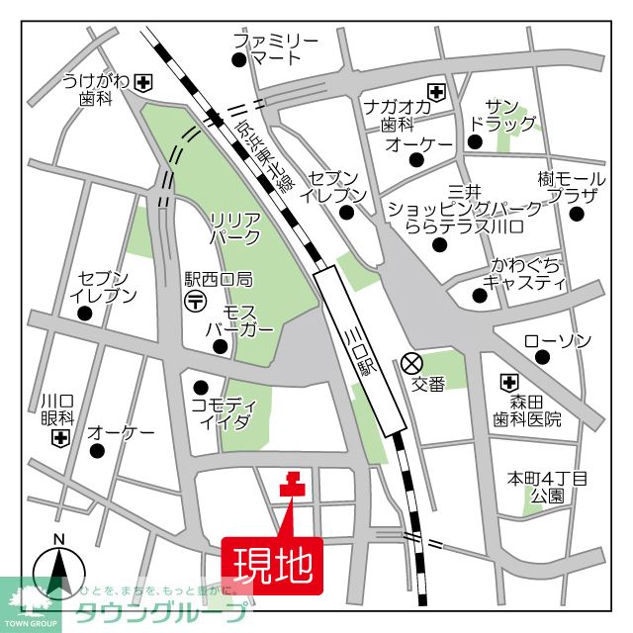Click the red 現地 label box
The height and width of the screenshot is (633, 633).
click(273, 565)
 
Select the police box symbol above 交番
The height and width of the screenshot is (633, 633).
click(411, 363)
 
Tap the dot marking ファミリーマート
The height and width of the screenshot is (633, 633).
click(238, 60)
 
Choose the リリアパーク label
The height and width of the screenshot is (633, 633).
click(235, 228)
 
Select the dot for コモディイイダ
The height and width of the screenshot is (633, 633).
click(203, 387)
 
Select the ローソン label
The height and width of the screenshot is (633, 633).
click(557, 341)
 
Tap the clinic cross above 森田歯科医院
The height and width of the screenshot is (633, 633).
click(509, 381)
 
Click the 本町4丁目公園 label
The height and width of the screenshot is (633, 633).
click(547, 487)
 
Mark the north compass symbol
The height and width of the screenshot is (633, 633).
click(58, 571)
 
